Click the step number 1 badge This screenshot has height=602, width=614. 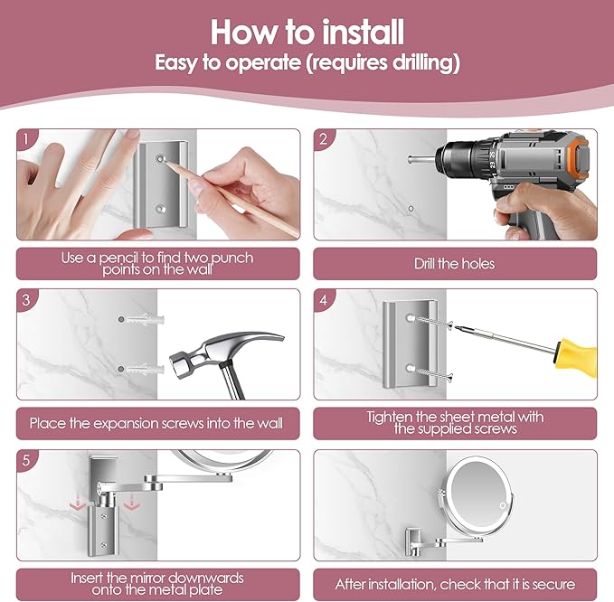click(26, 139)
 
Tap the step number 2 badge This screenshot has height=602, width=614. click(324, 139)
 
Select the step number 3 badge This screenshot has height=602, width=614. click(26, 300)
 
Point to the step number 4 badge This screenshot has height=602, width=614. click(324, 300)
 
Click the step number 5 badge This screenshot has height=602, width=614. click(26, 460)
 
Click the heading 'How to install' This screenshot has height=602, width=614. click(307, 33)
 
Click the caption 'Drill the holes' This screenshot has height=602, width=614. click(454, 263)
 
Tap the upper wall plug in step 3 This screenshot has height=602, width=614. click(141, 319)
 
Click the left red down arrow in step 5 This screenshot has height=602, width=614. click(78, 503)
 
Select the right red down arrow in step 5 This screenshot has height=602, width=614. click(131, 503)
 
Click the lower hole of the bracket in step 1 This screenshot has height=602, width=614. click(161, 209)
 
